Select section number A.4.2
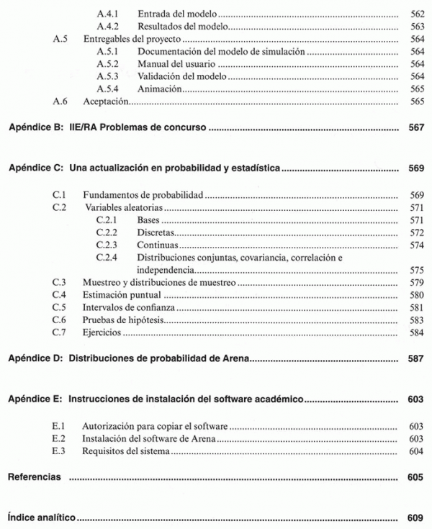tap(107, 27)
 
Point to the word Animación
tap(158, 90)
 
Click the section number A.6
tap(60, 102)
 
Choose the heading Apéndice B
tap(34, 128)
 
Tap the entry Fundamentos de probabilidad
tap(143, 194)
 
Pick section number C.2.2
tap(107, 232)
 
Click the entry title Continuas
tap(157, 245)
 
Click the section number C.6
tap(60, 320)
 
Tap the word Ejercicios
tap(102, 333)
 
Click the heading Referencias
tap(34, 477)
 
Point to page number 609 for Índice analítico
tap(416, 517)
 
